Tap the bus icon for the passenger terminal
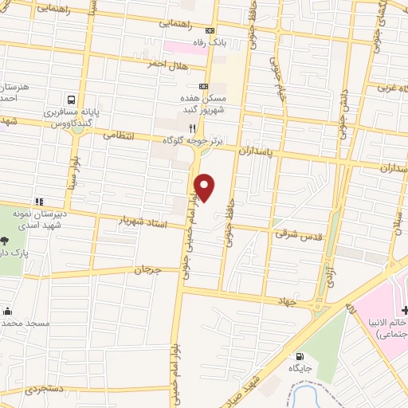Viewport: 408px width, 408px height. pyautogui.click(x=73, y=100)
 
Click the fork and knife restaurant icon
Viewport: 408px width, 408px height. pyautogui.click(x=191, y=127)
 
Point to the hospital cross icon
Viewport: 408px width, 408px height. pyautogui.click(x=405, y=309)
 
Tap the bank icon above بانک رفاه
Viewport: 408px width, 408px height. pyautogui.click(x=210, y=30)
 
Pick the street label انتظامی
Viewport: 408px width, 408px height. pyautogui.click(x=123, y=136)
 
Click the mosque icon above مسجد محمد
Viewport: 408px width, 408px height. pyautogui.click(x=8, y=311)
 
